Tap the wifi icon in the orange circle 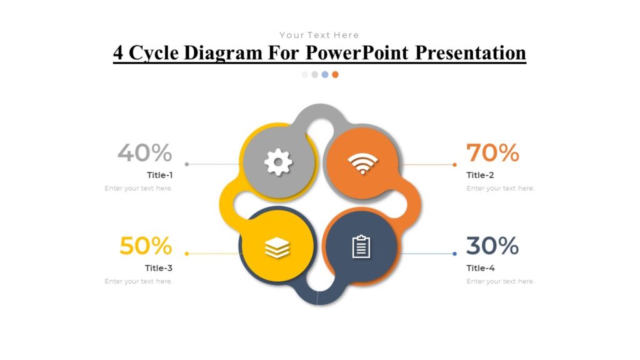tap(363, 164)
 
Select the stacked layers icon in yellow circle tap(277, 248)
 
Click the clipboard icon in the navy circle tap(361, 247)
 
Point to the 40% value tap(144, 152)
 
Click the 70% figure tap(492, 152)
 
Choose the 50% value tap(146, 246)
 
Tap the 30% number tap(492, 246)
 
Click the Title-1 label tap(160, 175)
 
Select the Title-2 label tap(480, 175)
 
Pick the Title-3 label tap(159, 268)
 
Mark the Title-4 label tap(480, 268)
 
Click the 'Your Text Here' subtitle tap(319, 35)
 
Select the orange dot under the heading tap(335, 74)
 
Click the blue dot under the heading tap(325, 74)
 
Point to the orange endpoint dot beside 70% tap(454, 164)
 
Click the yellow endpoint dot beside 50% tap(187, 254)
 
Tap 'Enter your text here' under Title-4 tap(500, 281)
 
